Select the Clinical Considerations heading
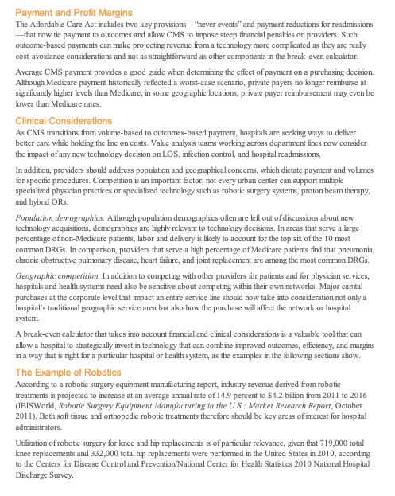pos(64,120)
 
